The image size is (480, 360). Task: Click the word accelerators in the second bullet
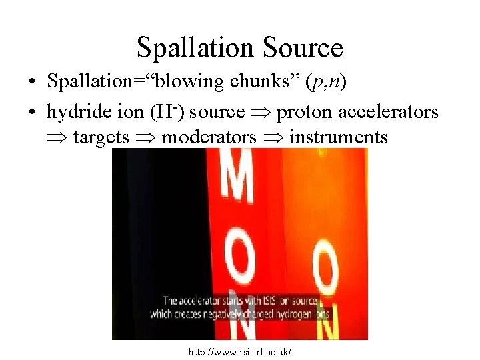tap(389, 111)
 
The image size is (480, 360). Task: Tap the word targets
tap(101, 137)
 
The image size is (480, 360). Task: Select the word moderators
tap(209, 137)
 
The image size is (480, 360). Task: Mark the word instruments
tap(338, 137)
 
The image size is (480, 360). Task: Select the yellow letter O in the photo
tap(327, 264)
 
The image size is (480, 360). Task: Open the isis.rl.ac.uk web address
tap(241, 350)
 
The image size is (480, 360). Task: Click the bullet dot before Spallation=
tap(31, 83)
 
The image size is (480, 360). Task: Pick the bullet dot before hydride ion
tap(31, 113)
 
